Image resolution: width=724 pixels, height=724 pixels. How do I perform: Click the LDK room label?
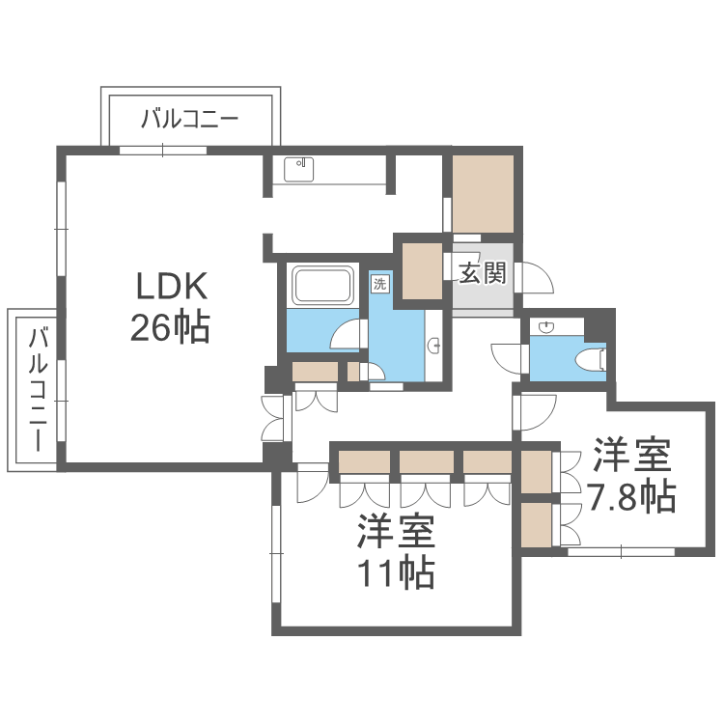coord(172,287)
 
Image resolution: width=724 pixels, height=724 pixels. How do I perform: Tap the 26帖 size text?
coord(172,328)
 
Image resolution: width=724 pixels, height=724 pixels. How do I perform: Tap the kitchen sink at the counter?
coord(298,168)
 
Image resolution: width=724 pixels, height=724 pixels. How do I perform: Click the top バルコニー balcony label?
coord(190,120)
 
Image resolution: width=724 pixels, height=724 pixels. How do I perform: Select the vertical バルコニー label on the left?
coord(39,391)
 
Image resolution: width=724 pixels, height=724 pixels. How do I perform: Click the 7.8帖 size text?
coord(632,496)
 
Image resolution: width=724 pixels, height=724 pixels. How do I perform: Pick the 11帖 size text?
coord(397,573)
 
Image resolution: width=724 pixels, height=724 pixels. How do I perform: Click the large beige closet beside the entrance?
coord(483,193)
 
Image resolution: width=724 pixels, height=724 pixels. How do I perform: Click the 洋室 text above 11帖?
coord(397,532)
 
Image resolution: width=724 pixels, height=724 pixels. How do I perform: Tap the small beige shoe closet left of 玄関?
coord(422,271)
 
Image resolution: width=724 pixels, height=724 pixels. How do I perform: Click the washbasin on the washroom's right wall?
coord(433,344)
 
